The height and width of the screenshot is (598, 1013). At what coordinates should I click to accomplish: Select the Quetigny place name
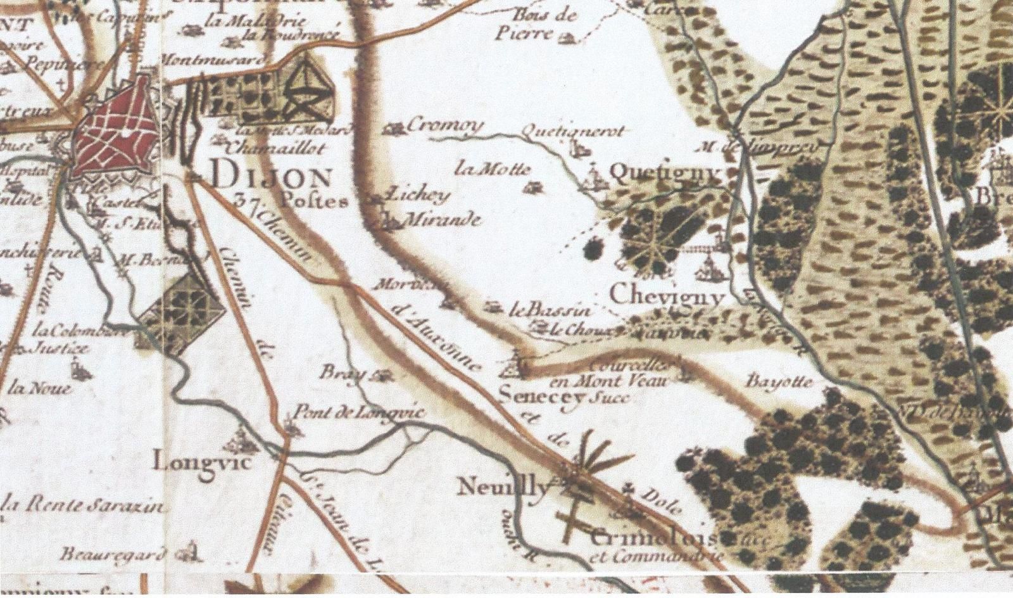click(x=664, y=174)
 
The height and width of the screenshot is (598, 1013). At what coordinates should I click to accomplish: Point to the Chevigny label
click(x=667, y=296)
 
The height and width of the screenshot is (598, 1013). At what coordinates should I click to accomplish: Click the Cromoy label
click(x=444, y=125)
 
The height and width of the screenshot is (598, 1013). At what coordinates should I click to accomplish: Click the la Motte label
click(x=493, y=169)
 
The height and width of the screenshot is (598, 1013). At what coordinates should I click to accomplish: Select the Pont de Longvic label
click(x=356, y=413)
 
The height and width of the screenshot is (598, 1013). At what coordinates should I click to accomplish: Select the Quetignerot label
click(x=572, y=132)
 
